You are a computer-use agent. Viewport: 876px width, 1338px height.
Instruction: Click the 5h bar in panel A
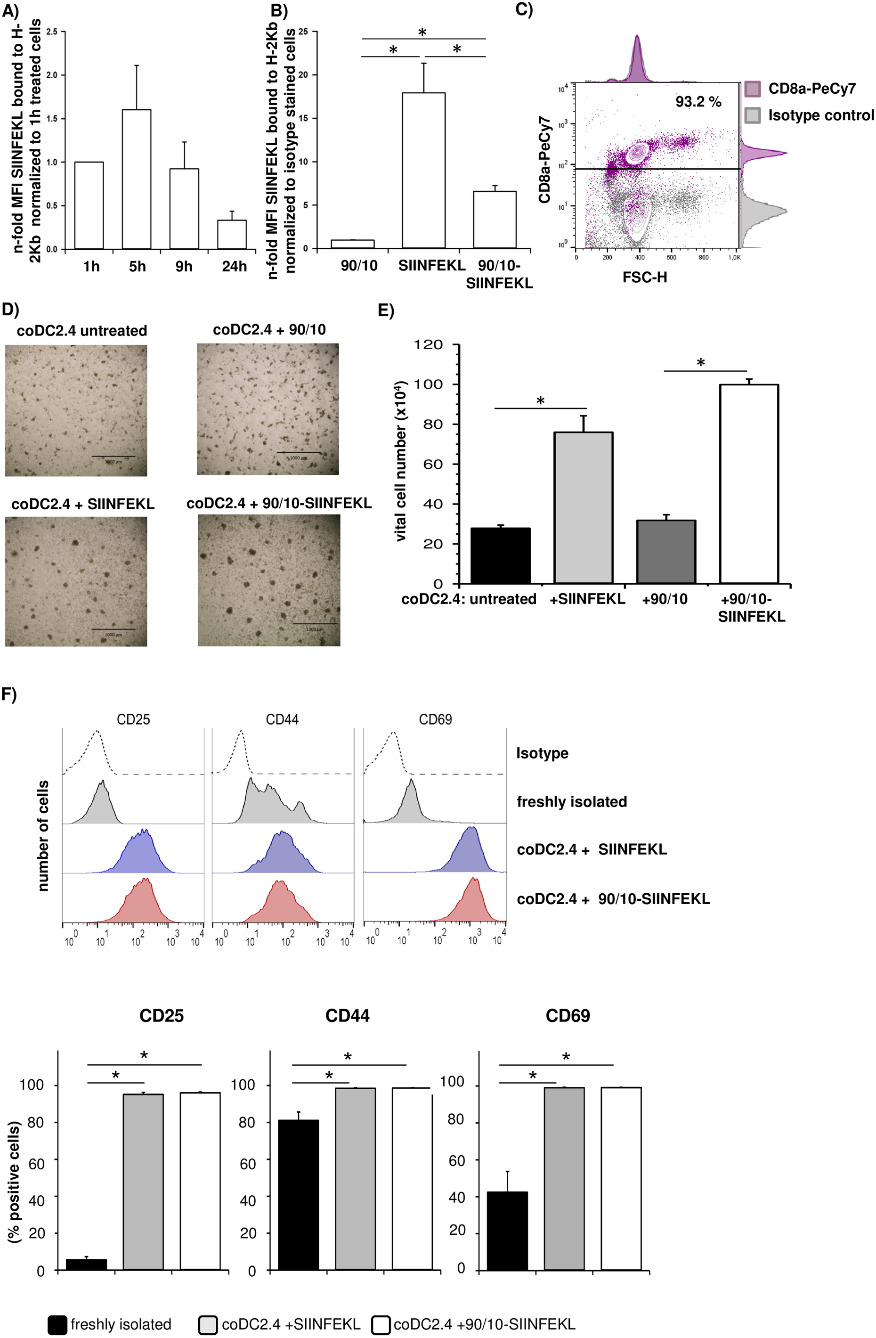(136, 179)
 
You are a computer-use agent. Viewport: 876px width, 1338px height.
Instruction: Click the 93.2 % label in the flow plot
(698, 102)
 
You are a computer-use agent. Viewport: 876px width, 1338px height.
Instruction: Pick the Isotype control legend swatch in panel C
(752, 116)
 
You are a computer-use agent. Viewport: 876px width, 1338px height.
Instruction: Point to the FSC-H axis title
(644, 277)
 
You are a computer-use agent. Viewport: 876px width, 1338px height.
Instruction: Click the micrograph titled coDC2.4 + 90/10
(268, 409)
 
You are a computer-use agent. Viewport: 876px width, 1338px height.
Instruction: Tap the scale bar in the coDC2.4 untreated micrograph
(113, 456)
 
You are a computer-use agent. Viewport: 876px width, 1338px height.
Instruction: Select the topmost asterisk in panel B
(422, 33)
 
